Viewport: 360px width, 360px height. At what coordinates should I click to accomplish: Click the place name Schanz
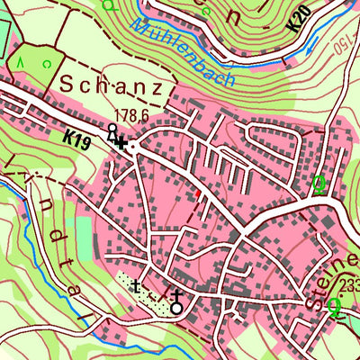point(110,87)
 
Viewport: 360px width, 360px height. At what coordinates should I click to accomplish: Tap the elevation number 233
point(349,286)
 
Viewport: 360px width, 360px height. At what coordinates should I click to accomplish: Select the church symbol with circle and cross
point(176,301)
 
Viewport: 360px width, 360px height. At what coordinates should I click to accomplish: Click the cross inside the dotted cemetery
point(136,288)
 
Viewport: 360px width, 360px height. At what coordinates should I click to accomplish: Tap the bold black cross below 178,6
point(121,142)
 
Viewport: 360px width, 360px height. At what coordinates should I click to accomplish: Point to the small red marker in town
point(197,192)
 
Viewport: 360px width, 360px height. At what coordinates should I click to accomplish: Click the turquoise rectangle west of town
point(84,235)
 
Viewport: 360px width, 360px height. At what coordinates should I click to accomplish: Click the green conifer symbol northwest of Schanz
point(20,63)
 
